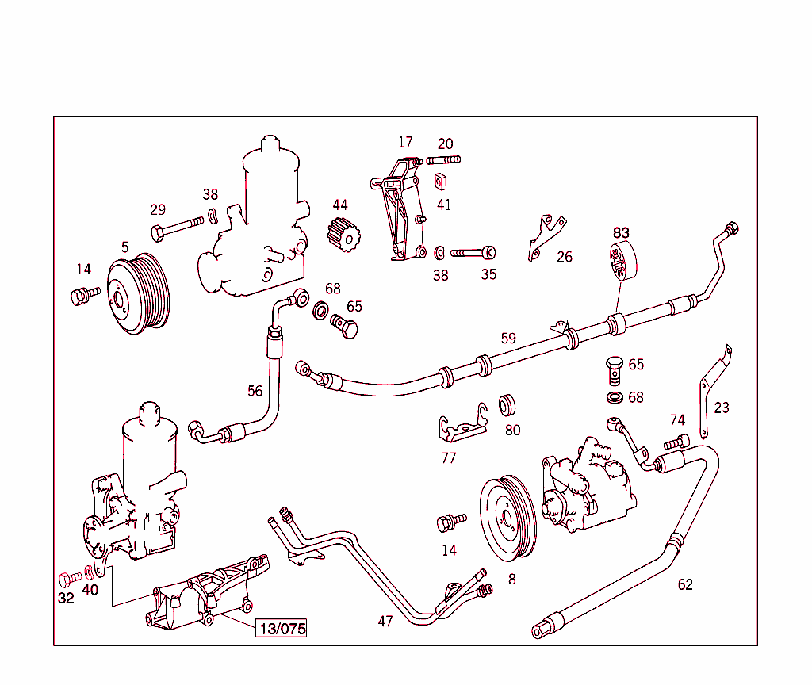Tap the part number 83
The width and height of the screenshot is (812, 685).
click(621, 232)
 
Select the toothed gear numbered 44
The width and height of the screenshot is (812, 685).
click(343, 236)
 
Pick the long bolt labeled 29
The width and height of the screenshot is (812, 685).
click(178, 230)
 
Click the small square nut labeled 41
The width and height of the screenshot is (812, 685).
click(439, 182)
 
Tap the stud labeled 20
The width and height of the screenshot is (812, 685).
click(443, 161)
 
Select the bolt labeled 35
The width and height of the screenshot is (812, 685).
click(474, 253)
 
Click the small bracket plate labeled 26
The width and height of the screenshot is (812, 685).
click(546, 235)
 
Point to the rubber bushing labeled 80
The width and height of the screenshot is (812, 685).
click(508, 405)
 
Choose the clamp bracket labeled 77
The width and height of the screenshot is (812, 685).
click(462, 428)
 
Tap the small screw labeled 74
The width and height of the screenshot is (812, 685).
click(676, 442)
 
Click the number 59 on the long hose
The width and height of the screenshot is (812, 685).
click(508, 339)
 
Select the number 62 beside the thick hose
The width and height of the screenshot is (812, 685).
click(685, 584)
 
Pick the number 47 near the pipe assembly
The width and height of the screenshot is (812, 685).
click(385, 622)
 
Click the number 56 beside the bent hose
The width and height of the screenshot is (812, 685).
click(255, 391)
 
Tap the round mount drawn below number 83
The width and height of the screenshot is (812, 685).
click(622, 261)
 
